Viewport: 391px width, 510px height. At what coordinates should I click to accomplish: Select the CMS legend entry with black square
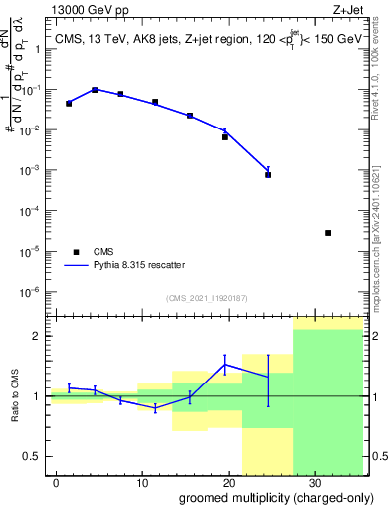[x=77, y=252]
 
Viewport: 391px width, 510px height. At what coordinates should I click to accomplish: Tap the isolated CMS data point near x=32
[x=328, y=233]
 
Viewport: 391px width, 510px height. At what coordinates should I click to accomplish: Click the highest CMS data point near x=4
[x=95, y=90]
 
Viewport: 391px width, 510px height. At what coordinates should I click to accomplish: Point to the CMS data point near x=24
[x=268, y=174]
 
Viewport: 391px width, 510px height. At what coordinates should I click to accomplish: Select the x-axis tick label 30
[x=315, y=481]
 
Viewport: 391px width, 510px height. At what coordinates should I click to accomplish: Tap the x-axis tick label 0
[x=58, y=481]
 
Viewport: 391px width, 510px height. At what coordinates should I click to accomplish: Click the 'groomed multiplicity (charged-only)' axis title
[x=271, y=497]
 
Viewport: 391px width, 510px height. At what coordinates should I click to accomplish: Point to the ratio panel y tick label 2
[x=38, y=336]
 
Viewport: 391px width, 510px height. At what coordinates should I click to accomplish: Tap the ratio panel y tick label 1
[x=38, y=396]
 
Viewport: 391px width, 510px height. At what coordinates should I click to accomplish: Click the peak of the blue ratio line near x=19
[x=225, y=364]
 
